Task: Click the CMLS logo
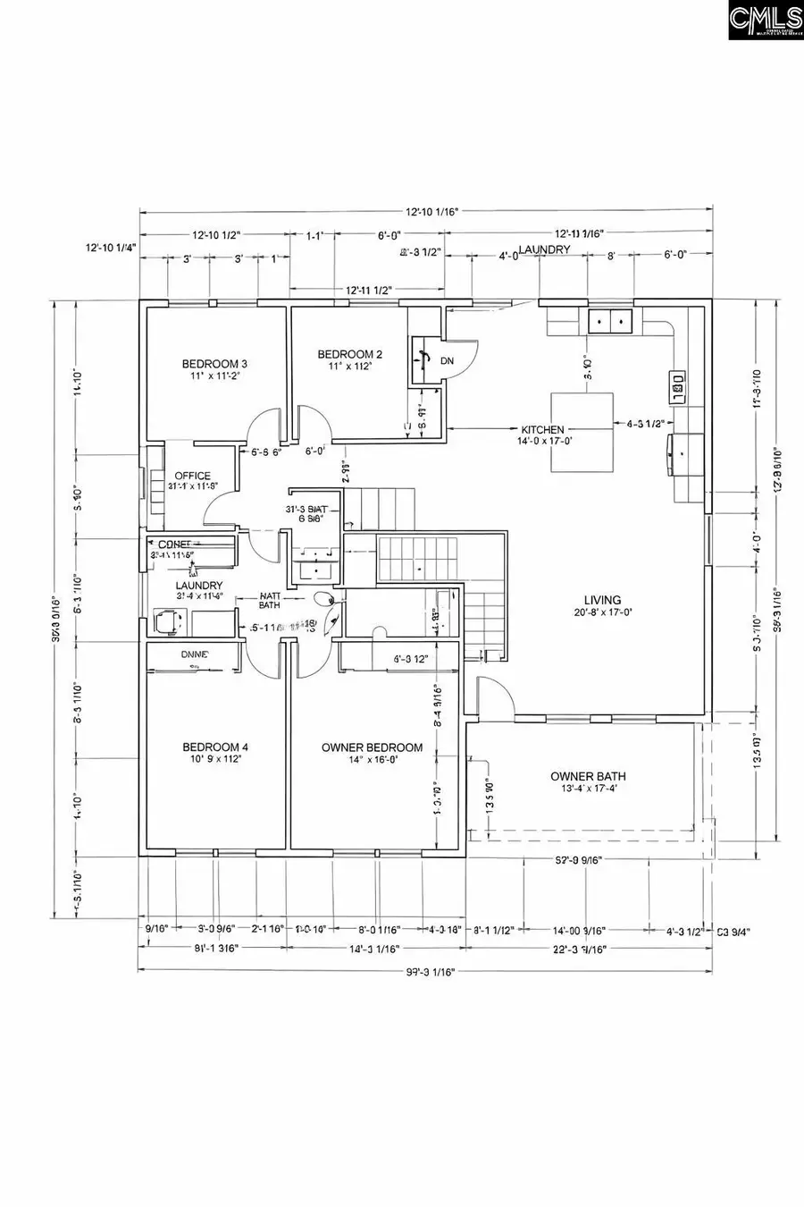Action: [x=766, y=21]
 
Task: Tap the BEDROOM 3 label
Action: [x=214, y=364]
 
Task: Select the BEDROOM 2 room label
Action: [x=350, y=355]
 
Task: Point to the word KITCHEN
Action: [x=543, y=430]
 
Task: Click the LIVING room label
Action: [x=602, y=601]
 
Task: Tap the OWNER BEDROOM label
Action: [x=372, y=747]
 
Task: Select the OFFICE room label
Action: [x=192, y=476]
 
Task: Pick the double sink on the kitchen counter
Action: [x=609, y=319]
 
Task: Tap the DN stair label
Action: [x=447, y=361]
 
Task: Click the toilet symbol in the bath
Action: [x=324, y=599]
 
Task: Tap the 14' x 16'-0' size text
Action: [x=372, y=759]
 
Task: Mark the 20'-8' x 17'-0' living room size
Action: [x=602, y=613]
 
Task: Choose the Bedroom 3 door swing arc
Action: [x=264, y=424]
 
